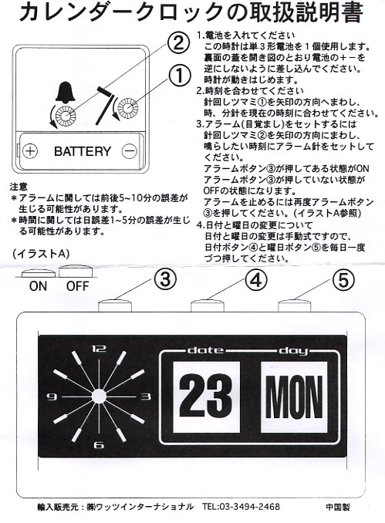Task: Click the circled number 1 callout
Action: coord(180,75)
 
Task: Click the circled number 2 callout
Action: coord(178,43)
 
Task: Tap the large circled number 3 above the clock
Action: coord(165,279)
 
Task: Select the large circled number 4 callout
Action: coord(256,279)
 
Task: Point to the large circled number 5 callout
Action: coord(343,279)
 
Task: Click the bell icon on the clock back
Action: coord(66,91)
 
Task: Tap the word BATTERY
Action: coord(83,151)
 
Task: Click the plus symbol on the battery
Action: coord(30,151)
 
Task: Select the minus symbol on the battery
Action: coord(129,151)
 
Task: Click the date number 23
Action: coord(206,397)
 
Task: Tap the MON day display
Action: coord(294,397)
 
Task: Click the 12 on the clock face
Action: coord(99,349)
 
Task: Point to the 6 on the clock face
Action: coord(99,444)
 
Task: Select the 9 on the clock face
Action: coord(52,396)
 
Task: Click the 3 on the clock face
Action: coord(146,396)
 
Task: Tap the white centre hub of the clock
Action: coord(99,396)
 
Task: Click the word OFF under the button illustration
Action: coord(77,286)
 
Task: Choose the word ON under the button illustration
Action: coord(38,286)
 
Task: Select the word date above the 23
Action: coord(205,350)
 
